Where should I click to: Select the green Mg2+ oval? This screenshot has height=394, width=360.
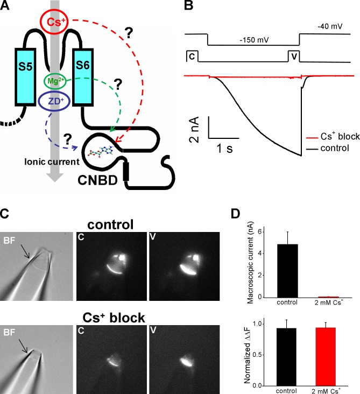[58, 81]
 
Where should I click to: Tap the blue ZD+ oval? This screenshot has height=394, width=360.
[54, 101]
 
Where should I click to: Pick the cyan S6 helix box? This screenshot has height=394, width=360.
[85, 69]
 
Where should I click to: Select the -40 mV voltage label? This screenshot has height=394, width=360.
[329, 25]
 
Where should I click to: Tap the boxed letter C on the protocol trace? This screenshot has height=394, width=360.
[191, 55]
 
